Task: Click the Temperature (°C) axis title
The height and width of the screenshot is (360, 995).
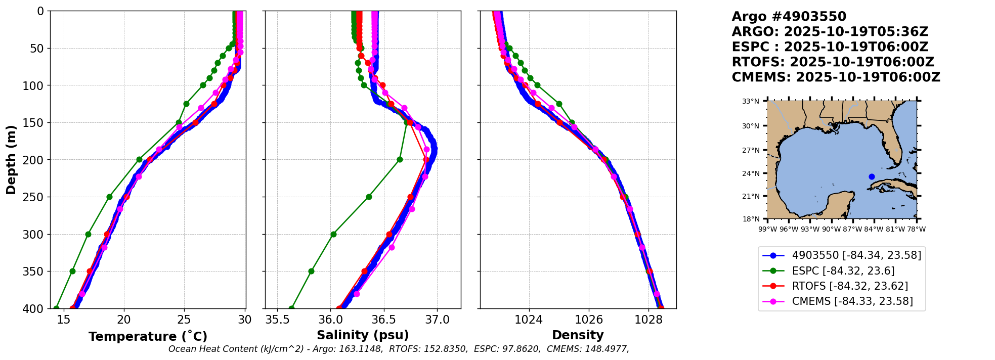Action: pyautogui.click(x=148, y=337)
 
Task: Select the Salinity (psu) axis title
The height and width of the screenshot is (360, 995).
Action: pyautogui.click(x=363, y=335)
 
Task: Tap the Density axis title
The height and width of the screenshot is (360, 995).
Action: pyautogui.click(x=578, y=335)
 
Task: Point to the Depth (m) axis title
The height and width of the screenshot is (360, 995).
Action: pyautogui.click(x=11, y=160)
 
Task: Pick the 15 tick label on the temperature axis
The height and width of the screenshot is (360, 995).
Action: pyautogui.click(x=64, y=320)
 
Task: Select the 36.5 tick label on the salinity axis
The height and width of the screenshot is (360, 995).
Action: pyautogui.click(x=383, y=320)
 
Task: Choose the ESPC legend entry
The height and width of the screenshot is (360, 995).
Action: pyautogui.click(x=843, y=271)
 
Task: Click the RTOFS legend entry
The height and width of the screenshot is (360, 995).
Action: pyautogui.click(x=849, y=286)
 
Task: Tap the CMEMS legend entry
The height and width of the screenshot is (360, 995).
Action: pyautogui.click(x=852, y=301)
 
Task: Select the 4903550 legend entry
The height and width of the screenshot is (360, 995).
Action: pyautogui.click(x=856, y=255)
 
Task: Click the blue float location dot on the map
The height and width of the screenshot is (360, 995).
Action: pyautogui.click(x=872, y=176)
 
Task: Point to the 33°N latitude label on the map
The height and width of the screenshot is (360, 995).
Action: pyautogui.click(x=751, y=101)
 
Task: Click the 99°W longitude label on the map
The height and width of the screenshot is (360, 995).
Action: pyautogui.click(x=767, y=229)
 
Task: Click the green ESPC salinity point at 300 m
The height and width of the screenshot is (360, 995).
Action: pyautogui.click(x=333, y=234)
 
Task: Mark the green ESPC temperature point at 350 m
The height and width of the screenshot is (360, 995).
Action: pyautogui.click(x=72, y=271)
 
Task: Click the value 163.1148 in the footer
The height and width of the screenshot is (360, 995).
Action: pyautogui.click(x=363, y=349)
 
